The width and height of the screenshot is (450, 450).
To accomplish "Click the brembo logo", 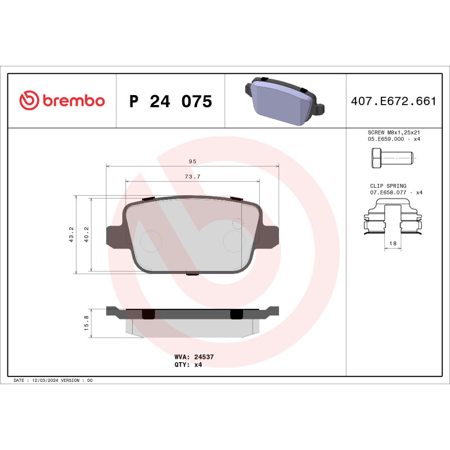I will tap(62, 101).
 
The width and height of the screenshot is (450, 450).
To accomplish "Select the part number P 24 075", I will tap(170, 102).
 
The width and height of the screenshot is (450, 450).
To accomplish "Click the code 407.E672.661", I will tap(393, 102).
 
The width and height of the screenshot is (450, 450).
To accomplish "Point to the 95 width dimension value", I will tap(192, 161).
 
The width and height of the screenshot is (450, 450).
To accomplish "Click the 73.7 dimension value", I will tap(192, 177).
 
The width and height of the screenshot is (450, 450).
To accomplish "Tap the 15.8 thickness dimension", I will tap(86, 323).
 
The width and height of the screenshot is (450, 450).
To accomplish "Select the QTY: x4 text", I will tap(188, 364).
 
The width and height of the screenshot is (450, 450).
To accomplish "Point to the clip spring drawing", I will tap(393, 219).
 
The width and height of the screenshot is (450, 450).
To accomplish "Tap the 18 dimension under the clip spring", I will tap(393, 244).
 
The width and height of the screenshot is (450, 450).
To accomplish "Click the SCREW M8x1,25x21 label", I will tap(393, 132).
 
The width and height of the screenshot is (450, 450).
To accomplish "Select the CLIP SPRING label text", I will tap(388, 186).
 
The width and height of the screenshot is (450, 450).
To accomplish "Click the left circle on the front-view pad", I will tap(149, 241).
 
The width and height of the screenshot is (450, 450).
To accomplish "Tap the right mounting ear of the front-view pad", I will tap(268, 236).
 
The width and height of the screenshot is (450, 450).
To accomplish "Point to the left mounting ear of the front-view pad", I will tap(116, 236).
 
